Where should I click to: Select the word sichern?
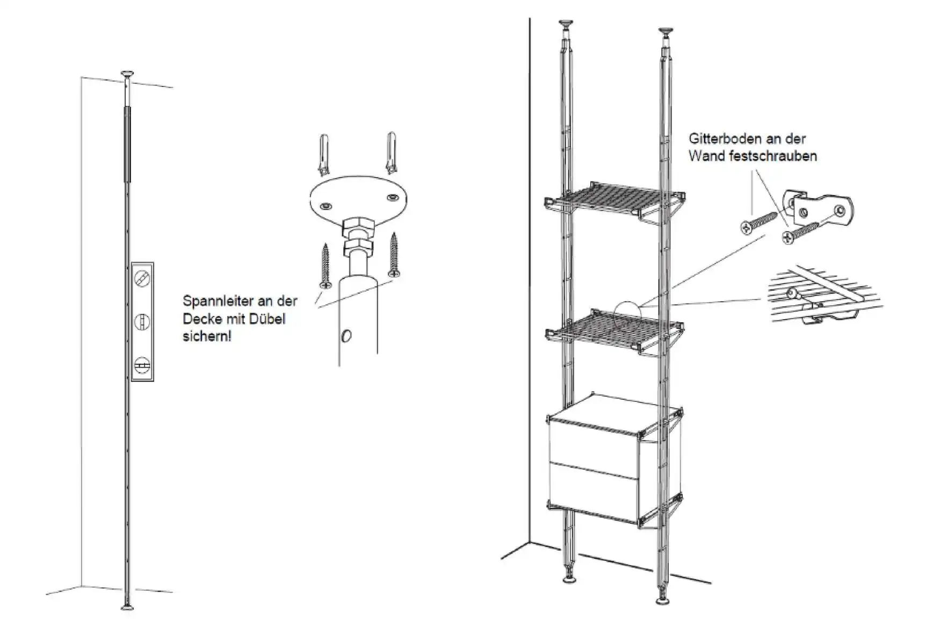click(207, 337)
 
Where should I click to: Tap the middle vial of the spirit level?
click(142, 322)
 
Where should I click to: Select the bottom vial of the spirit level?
click(142, 365)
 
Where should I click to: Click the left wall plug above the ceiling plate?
click(324, 154)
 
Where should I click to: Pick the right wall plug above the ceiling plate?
click(391, 153)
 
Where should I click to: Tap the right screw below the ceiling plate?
click(395, 255)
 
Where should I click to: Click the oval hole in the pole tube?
click(346, 336)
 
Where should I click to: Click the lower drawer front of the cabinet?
click(594, 490)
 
